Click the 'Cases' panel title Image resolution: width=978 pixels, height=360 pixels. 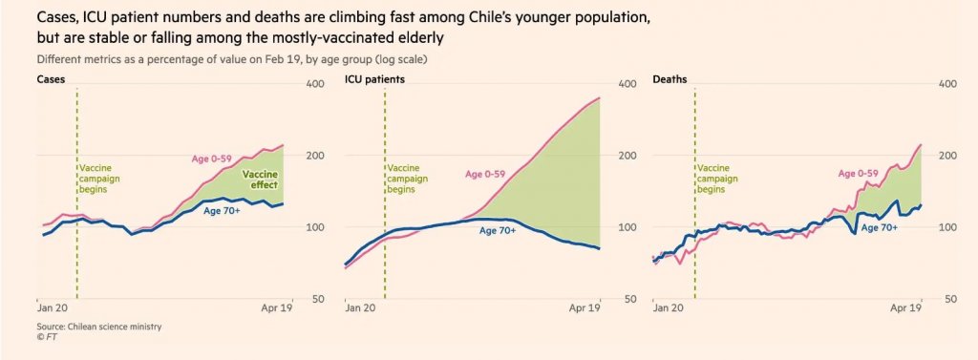click(52, 80)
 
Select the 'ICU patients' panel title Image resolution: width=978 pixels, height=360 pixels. click(374, 80)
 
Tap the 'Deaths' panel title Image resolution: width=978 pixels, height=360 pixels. click(670, 80)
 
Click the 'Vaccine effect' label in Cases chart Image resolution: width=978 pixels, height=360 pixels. click(260, 180)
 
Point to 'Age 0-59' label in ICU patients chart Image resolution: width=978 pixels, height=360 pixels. click(485, 174)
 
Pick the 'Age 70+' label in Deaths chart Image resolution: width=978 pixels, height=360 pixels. click(880, 227)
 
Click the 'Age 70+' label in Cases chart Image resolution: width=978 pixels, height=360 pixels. click(222, 210)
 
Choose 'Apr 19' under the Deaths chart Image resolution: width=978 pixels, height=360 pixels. click(905, 307)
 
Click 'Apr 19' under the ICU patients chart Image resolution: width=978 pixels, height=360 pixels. click(585, 307)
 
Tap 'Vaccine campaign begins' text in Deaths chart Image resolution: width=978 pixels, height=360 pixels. click(717, 180)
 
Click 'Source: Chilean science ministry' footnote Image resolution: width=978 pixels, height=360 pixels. click(99, 327)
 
